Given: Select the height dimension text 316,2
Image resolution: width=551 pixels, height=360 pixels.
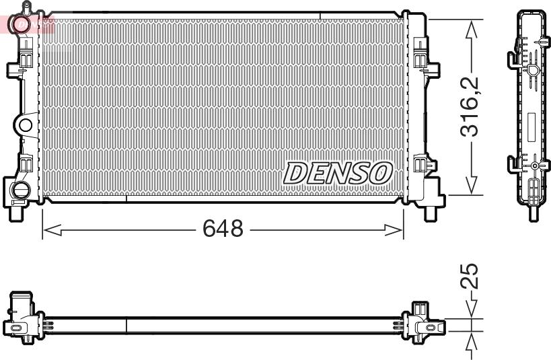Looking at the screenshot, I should tap(470, 106).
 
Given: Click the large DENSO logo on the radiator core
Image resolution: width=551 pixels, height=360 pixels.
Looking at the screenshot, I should tap(338, 173).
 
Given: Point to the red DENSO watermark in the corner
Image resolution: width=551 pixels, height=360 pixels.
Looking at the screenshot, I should tap(30, 24).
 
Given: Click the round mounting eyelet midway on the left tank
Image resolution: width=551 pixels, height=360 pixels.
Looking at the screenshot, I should tap(25, 125).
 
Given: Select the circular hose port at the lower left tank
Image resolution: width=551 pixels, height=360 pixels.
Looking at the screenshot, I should tap(20, 189).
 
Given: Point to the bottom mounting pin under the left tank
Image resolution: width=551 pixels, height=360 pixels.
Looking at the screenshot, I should tap(15, 214).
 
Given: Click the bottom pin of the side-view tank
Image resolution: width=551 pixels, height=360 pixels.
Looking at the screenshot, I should tap(534, 213).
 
